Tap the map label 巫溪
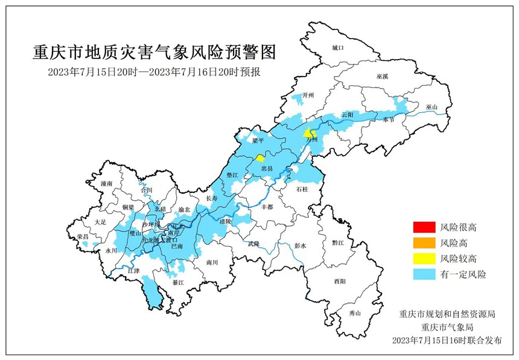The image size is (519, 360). point(383,77)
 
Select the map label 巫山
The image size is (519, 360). point(431,107)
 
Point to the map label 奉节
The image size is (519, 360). point(388,119)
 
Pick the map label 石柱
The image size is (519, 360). point(302,189)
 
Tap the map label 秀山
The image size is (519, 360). point(354,313)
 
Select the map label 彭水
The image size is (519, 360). point(300,246)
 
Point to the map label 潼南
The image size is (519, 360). point(107,183)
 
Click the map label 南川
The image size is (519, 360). point(212,262)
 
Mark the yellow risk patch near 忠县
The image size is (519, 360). point(259,158)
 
